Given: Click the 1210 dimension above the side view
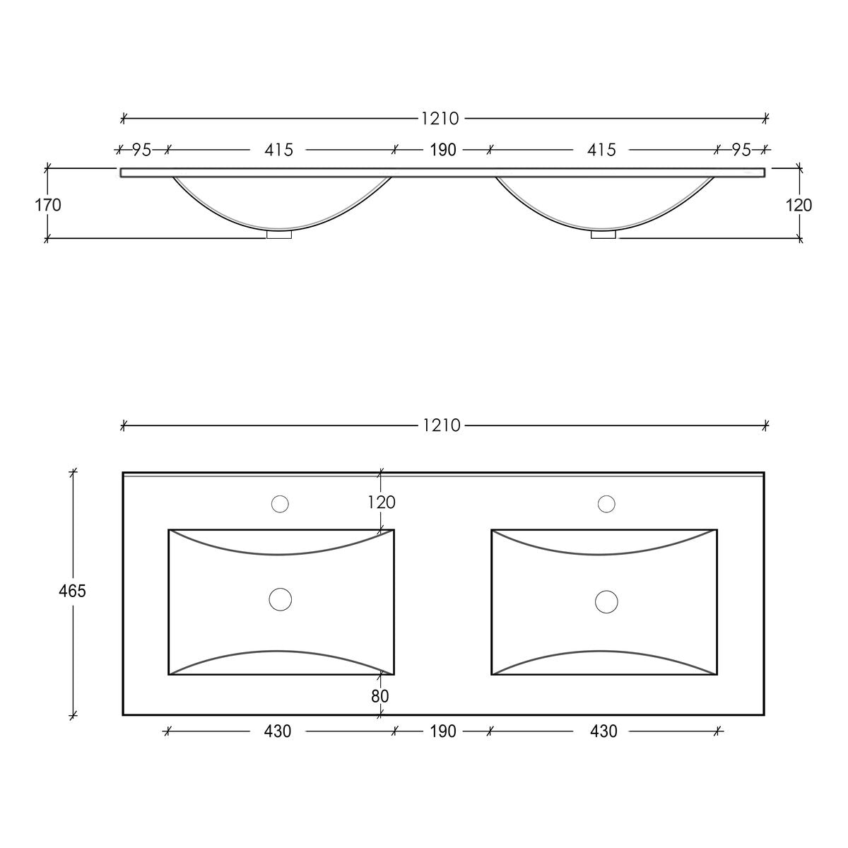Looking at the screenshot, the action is click(x=440, y=119).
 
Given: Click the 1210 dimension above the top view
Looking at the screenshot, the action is click(x=442, y=425).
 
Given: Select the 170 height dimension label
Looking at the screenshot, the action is click(x=48, y=205).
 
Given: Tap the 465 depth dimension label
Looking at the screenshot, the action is click(x=72, y=591).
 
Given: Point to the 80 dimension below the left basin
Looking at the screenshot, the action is click(x=379, y=696).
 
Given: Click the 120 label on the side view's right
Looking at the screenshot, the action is click(x=799, y=205).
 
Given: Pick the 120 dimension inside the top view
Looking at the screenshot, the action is click(x=382, y=502).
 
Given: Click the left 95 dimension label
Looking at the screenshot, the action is click(x=142, y=150).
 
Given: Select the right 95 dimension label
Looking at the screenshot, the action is click(x=741, y=150).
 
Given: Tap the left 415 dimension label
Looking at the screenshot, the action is click(x=278, y=150).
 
